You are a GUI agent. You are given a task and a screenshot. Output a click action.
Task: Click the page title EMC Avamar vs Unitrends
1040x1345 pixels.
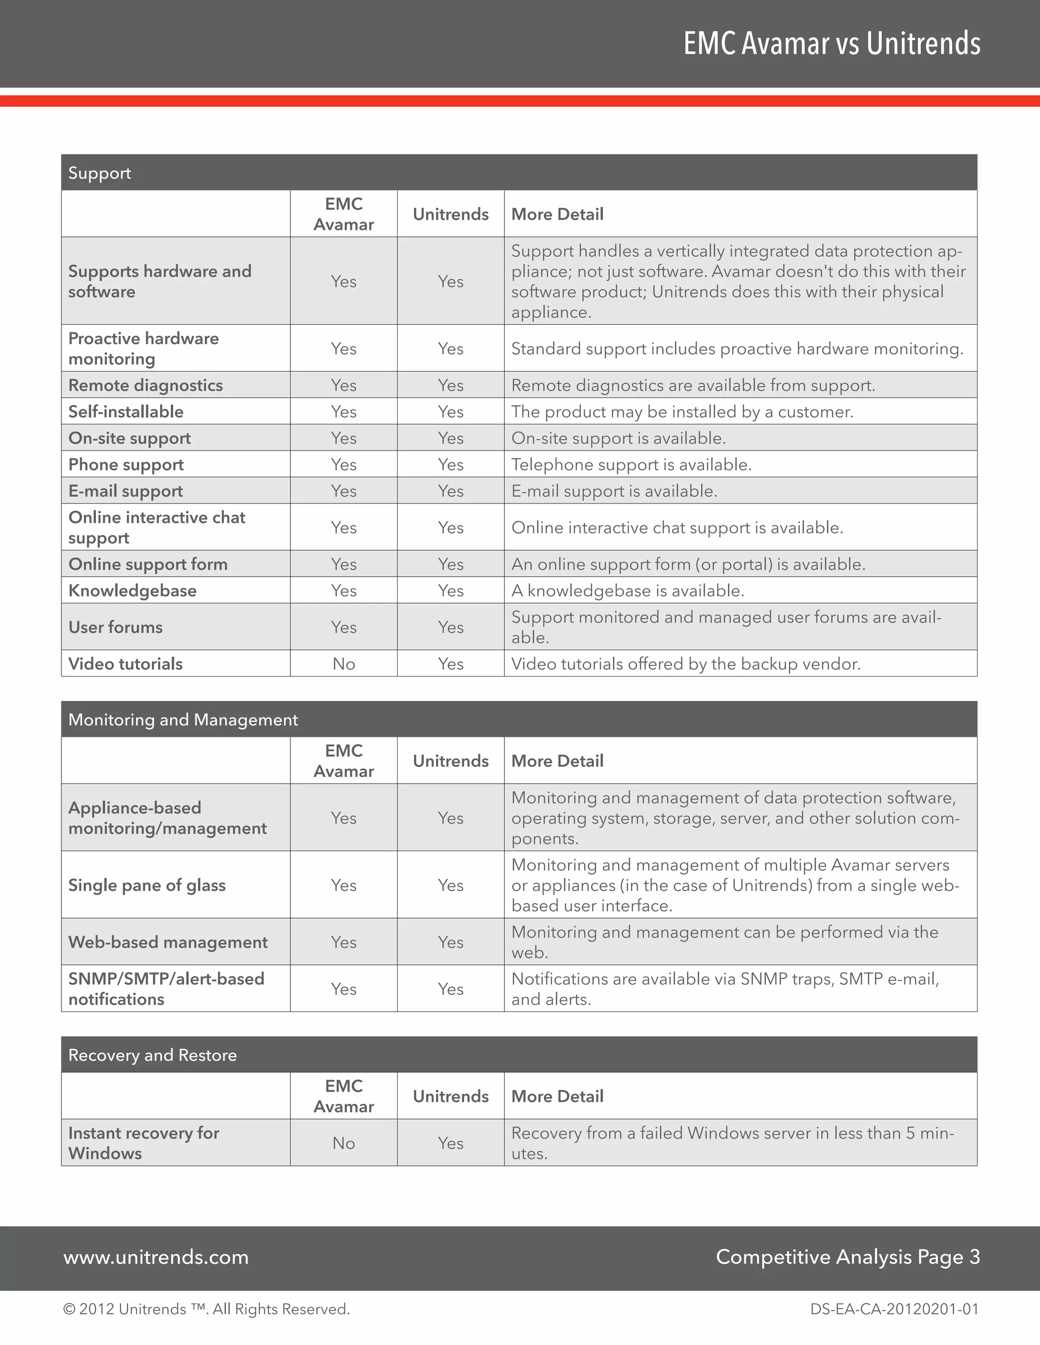(832, 43)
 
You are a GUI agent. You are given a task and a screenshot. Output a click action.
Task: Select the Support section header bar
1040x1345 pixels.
(519, 173)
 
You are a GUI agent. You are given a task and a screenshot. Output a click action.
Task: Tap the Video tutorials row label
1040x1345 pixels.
(126, 664)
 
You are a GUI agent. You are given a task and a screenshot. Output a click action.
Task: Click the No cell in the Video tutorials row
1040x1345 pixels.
(344, 664)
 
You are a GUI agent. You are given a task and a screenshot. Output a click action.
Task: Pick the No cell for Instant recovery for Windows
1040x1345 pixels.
(344, 1143)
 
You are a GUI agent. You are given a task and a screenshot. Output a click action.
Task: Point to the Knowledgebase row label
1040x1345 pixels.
(133, 591)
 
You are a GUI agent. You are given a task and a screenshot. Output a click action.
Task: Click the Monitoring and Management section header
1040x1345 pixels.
(519, 719)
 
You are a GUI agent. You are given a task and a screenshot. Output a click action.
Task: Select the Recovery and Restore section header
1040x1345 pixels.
(519, 1055)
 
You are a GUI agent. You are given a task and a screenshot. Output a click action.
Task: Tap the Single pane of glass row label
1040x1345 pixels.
(147, 885)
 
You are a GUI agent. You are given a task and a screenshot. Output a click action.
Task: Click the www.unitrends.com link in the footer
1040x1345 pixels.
(156, 1257)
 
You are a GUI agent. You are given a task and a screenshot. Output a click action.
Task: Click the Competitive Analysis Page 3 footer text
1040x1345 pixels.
(848, 1257)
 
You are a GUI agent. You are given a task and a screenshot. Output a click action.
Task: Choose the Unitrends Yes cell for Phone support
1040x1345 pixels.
(450, 464)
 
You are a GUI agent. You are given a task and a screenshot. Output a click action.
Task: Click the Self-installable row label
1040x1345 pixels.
(126, 412)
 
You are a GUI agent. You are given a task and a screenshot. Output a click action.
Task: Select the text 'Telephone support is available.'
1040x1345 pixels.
(632, 464)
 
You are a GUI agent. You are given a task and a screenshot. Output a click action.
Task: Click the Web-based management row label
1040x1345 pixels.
(168, 942)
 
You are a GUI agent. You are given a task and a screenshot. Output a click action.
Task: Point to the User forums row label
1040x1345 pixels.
(116, 627)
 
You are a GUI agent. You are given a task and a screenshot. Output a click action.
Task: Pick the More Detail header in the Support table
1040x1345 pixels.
(558, 214)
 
